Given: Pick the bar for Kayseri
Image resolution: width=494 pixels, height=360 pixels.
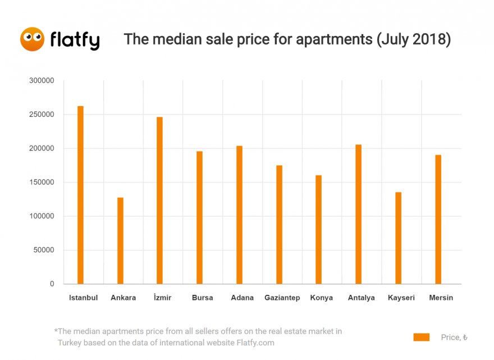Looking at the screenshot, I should click(x=398, y=238).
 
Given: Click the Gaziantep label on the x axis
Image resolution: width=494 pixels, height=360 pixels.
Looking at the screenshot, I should click(x=282, y=298).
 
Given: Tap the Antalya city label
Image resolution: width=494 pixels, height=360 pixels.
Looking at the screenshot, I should click(x=361, y=298).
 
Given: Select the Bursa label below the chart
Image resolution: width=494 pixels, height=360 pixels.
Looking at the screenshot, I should click(x=202, y=298).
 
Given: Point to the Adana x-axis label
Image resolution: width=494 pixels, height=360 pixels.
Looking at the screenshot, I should click(x=242, y=298).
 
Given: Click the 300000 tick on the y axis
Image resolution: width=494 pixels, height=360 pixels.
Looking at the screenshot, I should click(x=41, y=81).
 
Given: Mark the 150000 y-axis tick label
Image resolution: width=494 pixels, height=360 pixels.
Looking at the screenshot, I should click(x=41, y=183).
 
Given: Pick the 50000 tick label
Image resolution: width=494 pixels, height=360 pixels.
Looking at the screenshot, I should click(x=43, y=250).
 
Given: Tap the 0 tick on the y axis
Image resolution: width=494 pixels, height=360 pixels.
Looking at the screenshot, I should click(x=52, y=284).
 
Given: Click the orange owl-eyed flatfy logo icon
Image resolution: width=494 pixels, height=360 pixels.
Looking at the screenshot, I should click(x=32, y=39).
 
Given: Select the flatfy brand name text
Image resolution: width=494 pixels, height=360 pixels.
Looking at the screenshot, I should click(x=75, y=40).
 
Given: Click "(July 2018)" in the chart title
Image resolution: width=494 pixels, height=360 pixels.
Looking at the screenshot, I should click(x=414, y=39).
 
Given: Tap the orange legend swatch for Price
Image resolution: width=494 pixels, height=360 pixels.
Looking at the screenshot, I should click(x=421, y=337).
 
